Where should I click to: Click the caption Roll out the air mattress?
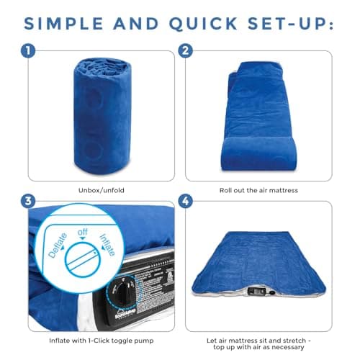pos(259,192)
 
